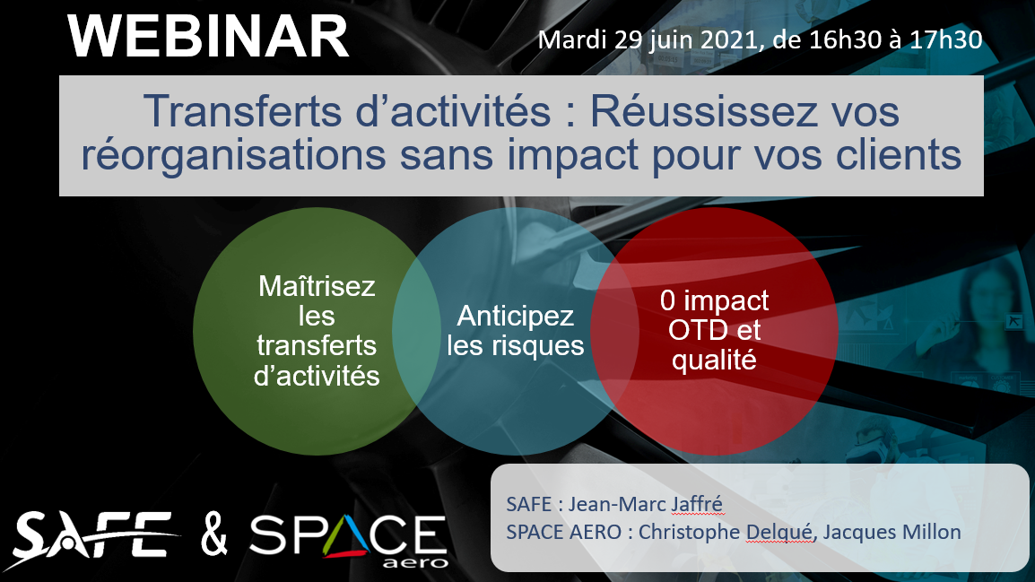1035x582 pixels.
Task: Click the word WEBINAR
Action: (x=208, y=37)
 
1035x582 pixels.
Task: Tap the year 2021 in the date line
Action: (x=728, y=40)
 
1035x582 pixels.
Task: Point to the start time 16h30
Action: (x=846, y=40)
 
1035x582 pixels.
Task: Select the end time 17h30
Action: (x=946, y=40)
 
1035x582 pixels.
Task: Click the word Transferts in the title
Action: (x=244, y=110)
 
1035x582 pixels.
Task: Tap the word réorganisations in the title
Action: (x=234, y=156)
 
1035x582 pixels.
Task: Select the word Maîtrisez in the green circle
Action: (x=317, y=286)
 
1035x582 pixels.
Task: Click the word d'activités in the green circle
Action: (x=317, y=376)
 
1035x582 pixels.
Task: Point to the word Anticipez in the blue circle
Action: (x=516, y=317)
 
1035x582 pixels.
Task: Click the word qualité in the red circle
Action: (x=714, y=360)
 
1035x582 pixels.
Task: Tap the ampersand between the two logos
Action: (x=214, y=535)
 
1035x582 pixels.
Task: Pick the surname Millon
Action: (x=928, y=532)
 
